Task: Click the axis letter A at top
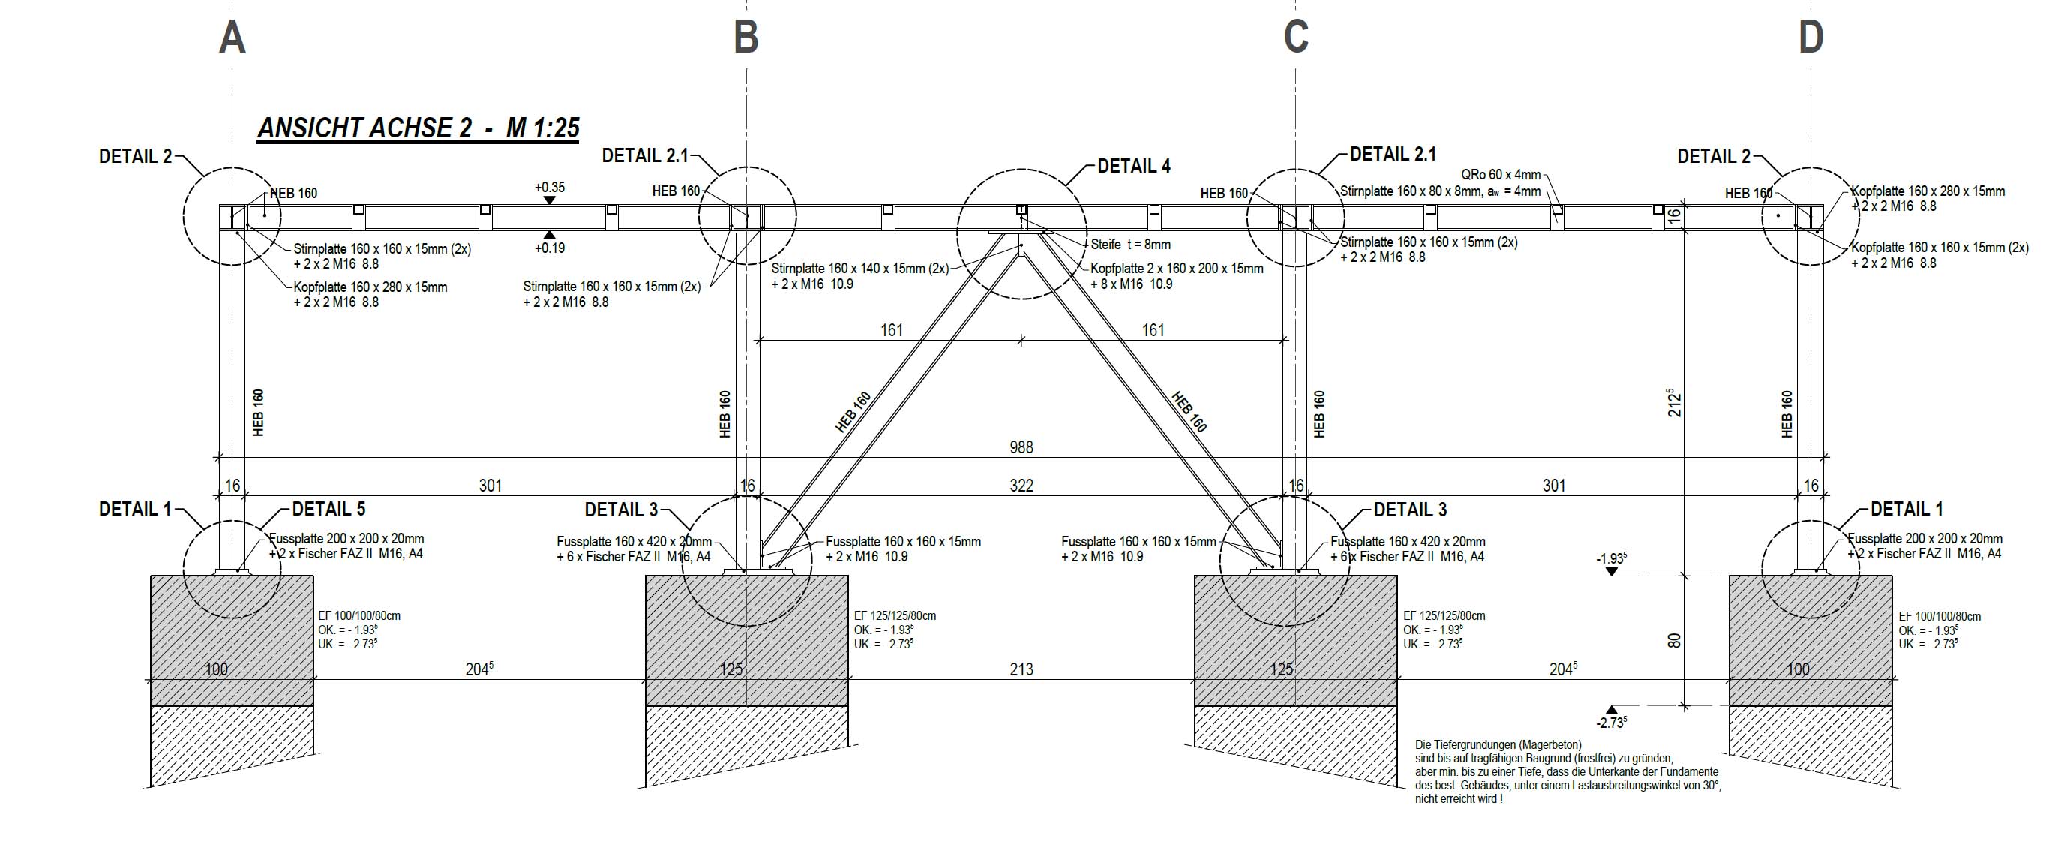click(232, 37)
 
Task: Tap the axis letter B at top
click(746, 37)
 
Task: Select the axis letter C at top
click(1295, 37)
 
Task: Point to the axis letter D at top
click(1810, 37)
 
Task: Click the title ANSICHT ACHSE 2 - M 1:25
click(418, 128)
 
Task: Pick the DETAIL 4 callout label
click(1134, 166)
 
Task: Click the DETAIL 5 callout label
click(328, 509)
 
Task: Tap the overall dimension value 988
click(1021, 447)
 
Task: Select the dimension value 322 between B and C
click(1021, 485)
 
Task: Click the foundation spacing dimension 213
click(1021, 669)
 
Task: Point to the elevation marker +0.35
click(550, 188)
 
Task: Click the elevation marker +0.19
click(550, 248)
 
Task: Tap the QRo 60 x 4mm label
click(1501, 175)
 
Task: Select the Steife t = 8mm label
click(1130, 245)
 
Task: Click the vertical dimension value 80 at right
click(1674, 642)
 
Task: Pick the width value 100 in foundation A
click(216, 669)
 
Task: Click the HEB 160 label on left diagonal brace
click(853, 412)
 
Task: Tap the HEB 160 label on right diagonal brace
click(1189, 412)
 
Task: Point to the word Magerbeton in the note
click(1549, 744)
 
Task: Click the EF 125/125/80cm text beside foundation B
click(894, 615)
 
